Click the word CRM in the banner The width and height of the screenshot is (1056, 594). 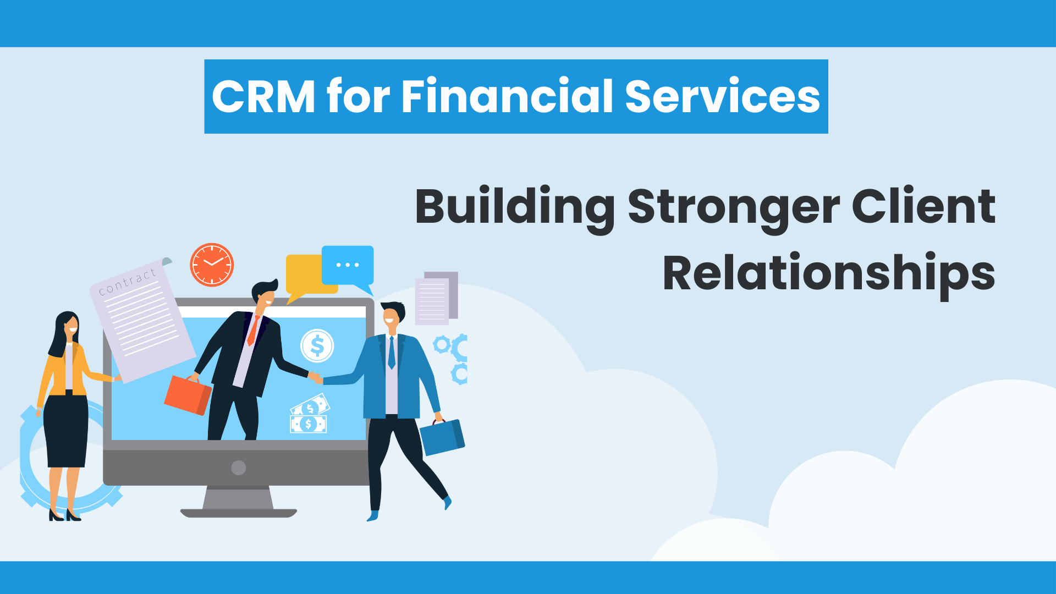263,96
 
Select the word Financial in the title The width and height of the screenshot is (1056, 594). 507,96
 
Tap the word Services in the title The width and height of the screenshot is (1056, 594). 723,96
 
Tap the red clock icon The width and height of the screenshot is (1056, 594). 212,265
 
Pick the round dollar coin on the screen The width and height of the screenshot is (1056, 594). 317,346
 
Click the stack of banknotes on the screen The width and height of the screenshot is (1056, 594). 309,414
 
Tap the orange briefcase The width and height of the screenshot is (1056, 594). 188,394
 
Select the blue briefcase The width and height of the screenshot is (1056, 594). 442,436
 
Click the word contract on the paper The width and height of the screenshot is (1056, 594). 128,282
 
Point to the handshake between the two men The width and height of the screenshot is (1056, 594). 316,377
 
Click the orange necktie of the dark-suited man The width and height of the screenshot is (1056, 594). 253,331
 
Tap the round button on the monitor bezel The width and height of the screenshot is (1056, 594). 239,468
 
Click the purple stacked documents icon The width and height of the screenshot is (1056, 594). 437,298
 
